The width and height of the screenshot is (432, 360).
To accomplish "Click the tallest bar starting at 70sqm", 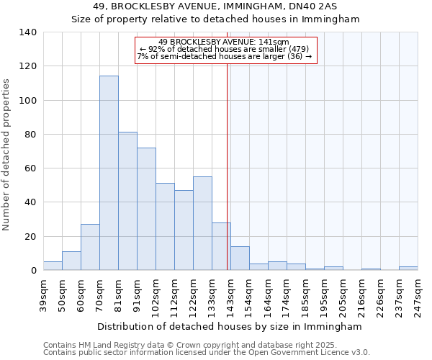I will click(x=109, y=173).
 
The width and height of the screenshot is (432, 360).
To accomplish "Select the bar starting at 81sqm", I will click(x=127, y=201).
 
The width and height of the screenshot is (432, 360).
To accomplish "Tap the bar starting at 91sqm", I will click(x=146, y=209).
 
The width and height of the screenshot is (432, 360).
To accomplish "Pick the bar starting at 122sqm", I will click(x=202, y=223).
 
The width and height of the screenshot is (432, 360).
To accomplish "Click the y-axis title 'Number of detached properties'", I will click(x=7, y=154).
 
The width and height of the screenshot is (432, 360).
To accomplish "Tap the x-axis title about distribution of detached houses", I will click(x=230, y=326).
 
